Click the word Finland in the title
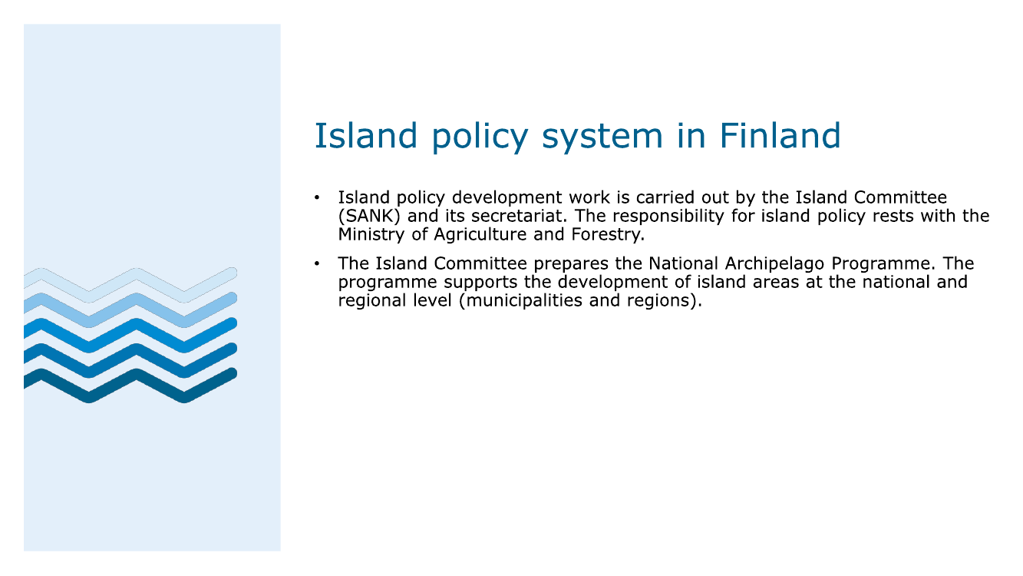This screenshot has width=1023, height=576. [x=780, y=136]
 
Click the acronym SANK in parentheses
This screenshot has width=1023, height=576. [x=369, y=216]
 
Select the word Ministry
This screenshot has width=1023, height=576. [x=371, y=235]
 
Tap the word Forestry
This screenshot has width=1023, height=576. [x=608, y=235]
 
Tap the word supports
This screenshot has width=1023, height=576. [x=481, y=283]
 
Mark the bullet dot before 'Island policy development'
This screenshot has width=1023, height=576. [x=317, y=197]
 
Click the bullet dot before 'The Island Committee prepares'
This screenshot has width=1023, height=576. [x=317, y=263]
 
